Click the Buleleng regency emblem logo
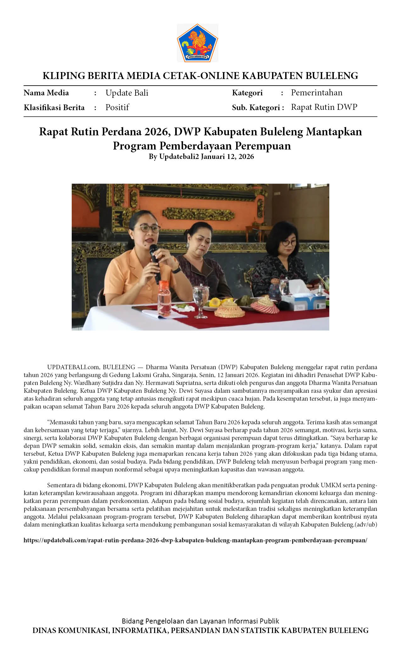[x=198, y=43]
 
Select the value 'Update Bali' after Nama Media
[x=127, y=93]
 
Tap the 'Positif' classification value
[x=117, y=107]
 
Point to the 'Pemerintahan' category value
[x=316, y=93]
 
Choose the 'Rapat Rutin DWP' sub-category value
[x=324, y=107]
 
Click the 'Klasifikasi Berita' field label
[x=54, y=108]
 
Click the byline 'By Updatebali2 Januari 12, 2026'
[x=201, y=156]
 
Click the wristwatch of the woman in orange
[x=176, y=270]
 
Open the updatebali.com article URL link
[x=195, y=540]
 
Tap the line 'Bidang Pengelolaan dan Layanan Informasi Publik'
[x=200, y=621]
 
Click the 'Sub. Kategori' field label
[x=256, y=108]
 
